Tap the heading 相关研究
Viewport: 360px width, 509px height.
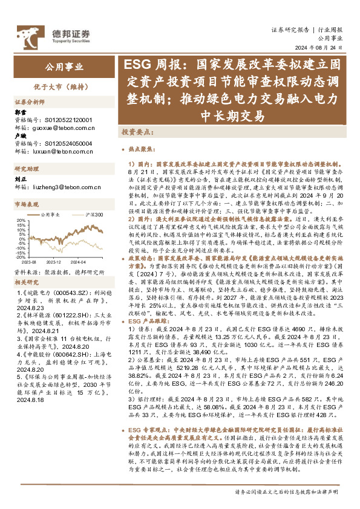(x=26, y=282)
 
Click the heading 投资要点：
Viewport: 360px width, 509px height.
(x=136, y=131)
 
